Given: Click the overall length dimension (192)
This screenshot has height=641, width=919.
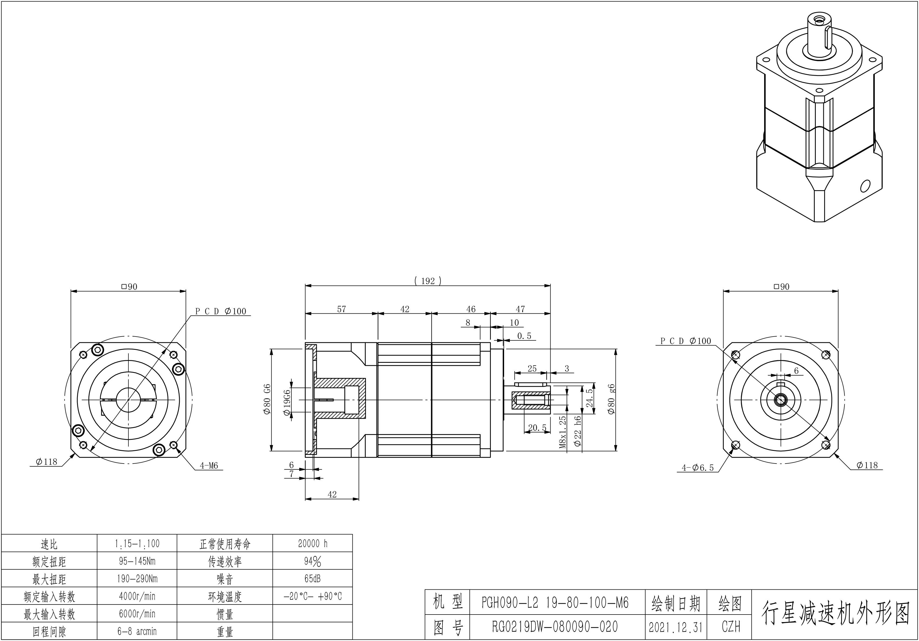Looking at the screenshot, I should [428, 281].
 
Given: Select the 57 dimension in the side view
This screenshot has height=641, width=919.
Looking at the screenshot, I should [341, 309].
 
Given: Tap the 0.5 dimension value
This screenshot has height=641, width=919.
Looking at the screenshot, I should [524, 336].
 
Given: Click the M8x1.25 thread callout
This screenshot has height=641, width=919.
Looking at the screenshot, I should [563, 432].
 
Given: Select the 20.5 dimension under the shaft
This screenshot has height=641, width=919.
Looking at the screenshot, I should [537, 428].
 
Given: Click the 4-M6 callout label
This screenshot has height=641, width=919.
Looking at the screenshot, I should [209, 465].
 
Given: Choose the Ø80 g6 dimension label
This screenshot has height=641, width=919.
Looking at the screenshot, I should [612, 399].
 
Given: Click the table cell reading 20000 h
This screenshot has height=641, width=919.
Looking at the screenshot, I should [313, 543].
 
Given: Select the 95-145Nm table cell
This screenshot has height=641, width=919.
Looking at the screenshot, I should [137, 561].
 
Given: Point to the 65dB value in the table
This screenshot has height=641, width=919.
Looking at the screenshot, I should [313, 579].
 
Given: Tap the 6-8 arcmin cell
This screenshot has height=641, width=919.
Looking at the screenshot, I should [137, 631].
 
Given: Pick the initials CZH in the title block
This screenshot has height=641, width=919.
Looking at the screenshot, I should [731, 627].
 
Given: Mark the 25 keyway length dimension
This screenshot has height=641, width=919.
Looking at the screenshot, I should [532, 368].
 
